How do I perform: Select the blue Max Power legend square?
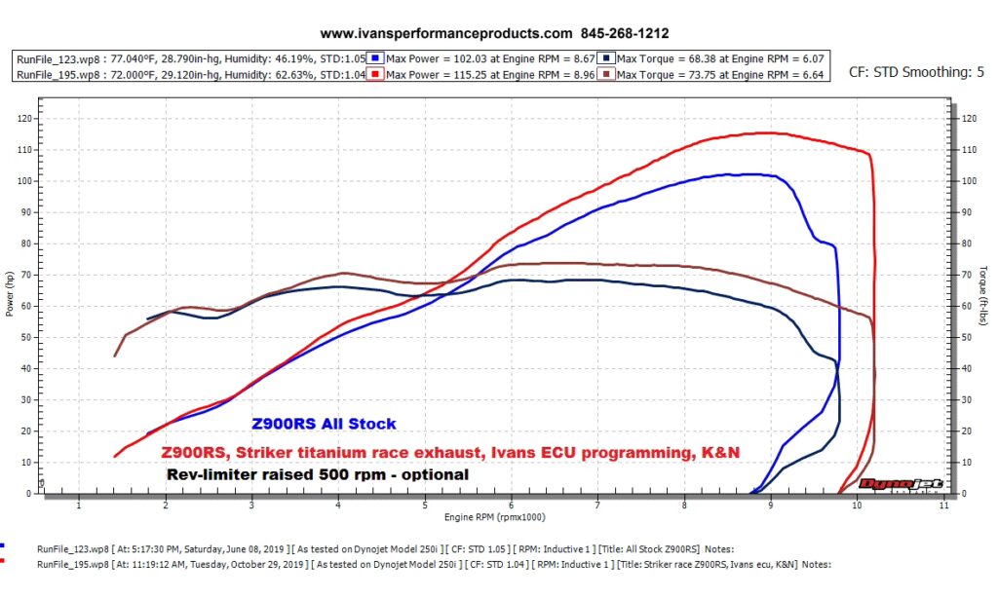pyautogui.click(x=376, y=58)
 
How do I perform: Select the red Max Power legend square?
pyautogui.click(x=376, y=74)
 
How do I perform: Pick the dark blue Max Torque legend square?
pyautogui.click(x=606, y=58)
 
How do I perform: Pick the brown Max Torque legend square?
pyautogui.click(x=606, y=74)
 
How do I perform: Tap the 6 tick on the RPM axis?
pyautogui.click(x=511, y=505)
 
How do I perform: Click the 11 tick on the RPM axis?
pyautogui.click(x=943, y=505)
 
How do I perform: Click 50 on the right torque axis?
pyautogui.click(x=967, y=337)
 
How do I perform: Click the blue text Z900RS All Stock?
pyautogui.click(x=324, y=425)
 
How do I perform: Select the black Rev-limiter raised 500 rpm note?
pyautogui.click(x=318, y=474)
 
